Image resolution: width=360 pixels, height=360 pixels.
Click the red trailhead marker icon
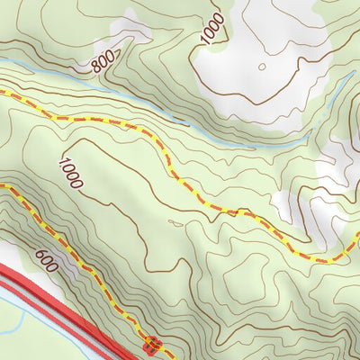tap(152, 344)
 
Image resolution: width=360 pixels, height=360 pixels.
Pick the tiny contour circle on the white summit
tap(261, 66)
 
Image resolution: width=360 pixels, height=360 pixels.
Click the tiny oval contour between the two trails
tap(175, 217)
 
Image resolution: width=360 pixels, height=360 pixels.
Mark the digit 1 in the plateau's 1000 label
tap(63, 162)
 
